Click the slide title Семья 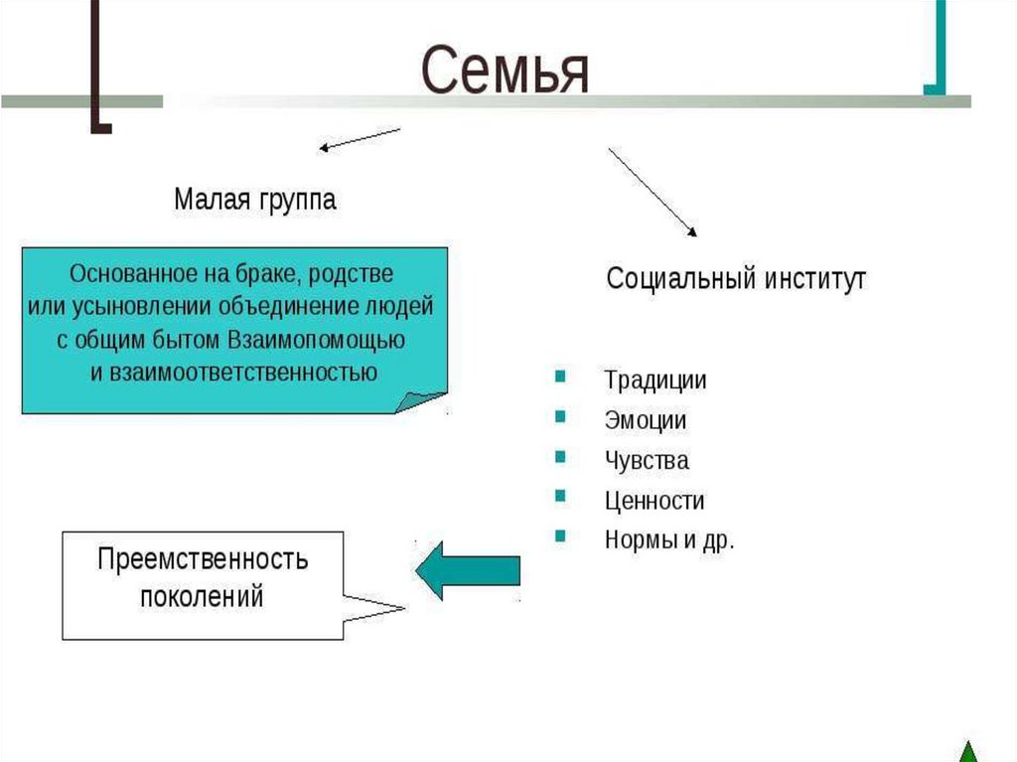(x=505, y=71)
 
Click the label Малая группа (x=255, y=200)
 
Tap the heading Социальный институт (x=736, y=278)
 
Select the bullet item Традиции (x=655, y=380)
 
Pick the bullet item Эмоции (x=645, y=420)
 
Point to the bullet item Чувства (x=646, y=461)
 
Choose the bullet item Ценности (x=654, y=501)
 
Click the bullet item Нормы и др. (x=668, y=541)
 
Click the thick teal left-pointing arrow (x=467, y=570)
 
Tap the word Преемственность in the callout (x=203, y=559)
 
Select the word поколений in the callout (x=202, y=597)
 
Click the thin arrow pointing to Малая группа (x=359, y=140)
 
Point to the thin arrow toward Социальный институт (x=653, y=193)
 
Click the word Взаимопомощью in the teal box (x=316, y=339)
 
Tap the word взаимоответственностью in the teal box (x=234, y=374)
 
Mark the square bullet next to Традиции (x=560, y=378)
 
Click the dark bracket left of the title (x=99, y=70)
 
